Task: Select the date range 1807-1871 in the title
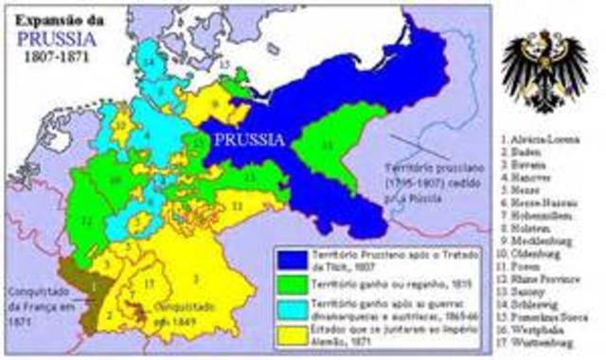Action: coord(56,58)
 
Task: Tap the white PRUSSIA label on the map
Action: coord(247,139)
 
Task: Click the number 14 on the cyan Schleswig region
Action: coord(149,61)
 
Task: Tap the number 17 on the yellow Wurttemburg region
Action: coord(150,283)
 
